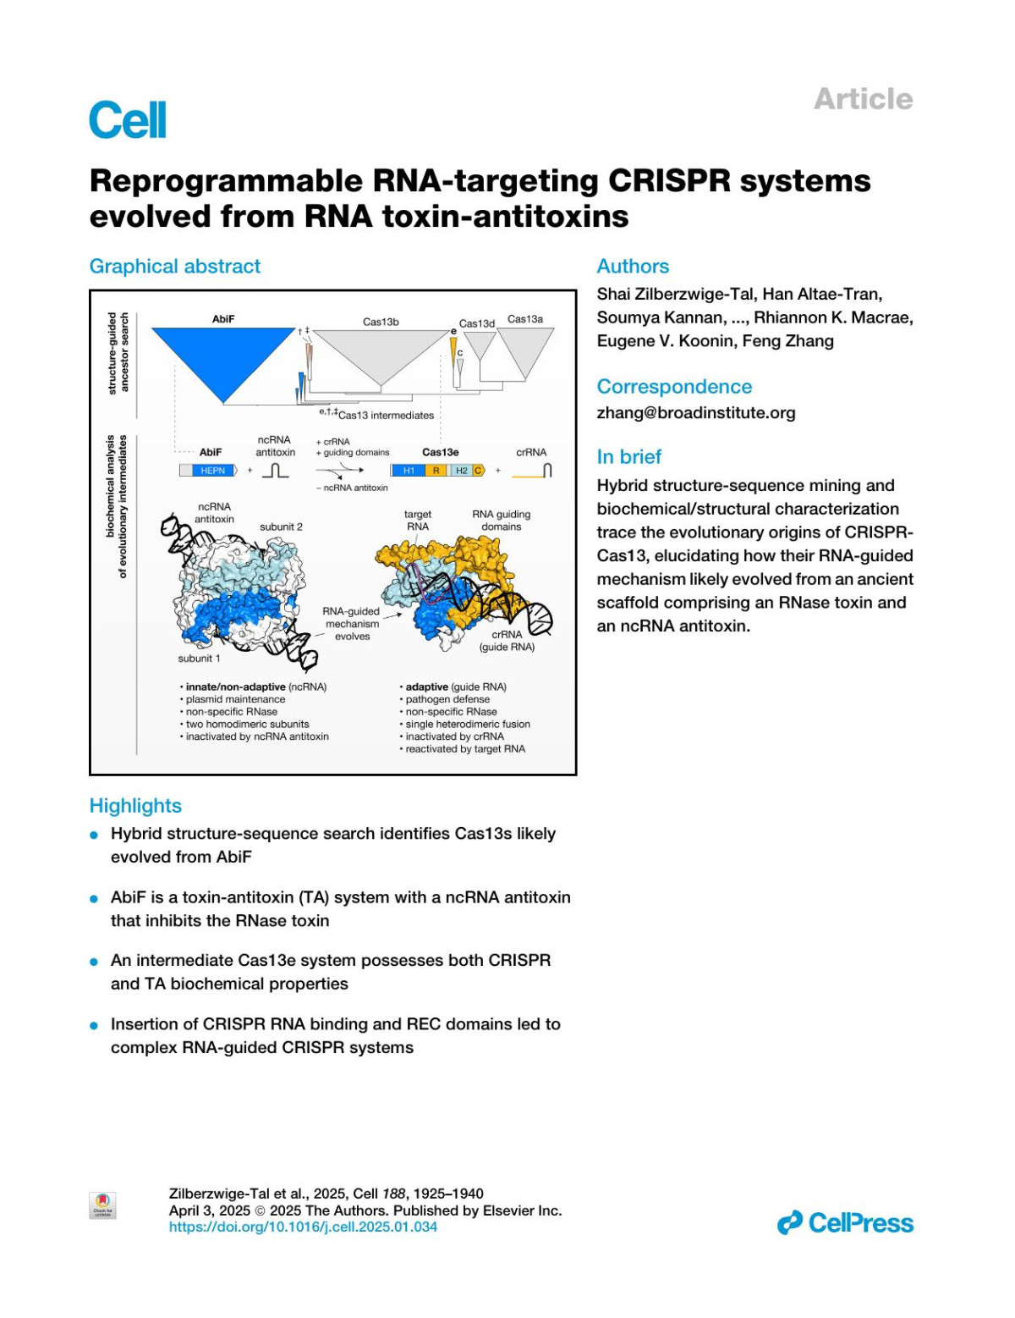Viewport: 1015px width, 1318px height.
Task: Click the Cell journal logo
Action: click(128, 119)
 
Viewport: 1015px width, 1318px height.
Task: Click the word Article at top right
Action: click(863, 99)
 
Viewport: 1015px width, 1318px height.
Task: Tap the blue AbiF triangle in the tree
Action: click(222, 356)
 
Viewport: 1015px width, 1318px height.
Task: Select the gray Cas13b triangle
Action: click(381, 356)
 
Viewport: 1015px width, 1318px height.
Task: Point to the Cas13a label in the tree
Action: click(525, 319)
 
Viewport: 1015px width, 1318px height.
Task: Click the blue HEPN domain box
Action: click(212, 471)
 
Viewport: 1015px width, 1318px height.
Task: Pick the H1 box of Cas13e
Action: click(409, 471)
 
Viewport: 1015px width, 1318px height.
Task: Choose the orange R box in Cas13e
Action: click(436, 471)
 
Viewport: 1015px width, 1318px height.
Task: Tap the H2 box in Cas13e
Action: click(461, 471)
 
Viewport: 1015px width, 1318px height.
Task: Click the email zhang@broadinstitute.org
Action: click(695, 413)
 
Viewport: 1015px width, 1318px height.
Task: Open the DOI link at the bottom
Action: click(303, 1227)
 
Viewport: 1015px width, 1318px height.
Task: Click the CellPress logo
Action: click(845, 1223)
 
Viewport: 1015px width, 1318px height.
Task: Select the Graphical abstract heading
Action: click(175, 267)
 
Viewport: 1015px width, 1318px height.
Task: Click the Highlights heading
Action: click(135, 806)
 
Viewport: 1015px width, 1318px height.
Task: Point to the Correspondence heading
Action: click(674, 387)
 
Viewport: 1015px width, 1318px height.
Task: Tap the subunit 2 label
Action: click(281, 527)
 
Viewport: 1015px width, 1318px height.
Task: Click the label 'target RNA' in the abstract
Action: click(417, 520)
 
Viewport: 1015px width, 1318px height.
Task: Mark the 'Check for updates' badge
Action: click(102, 1205)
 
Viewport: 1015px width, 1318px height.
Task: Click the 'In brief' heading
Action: click(628, 457)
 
